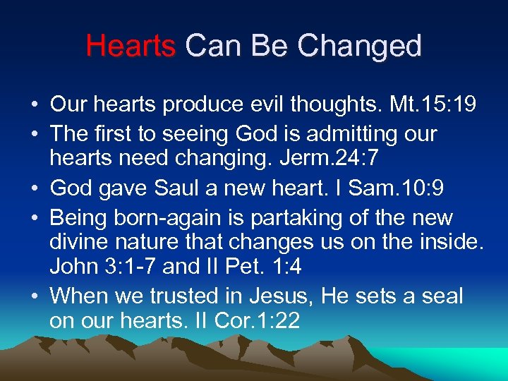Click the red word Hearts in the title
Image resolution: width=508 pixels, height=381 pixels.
coord(131,47)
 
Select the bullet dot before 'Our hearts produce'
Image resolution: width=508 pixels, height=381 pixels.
coord(34,105)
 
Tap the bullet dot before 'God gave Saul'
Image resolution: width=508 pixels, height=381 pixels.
coord(34,189)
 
